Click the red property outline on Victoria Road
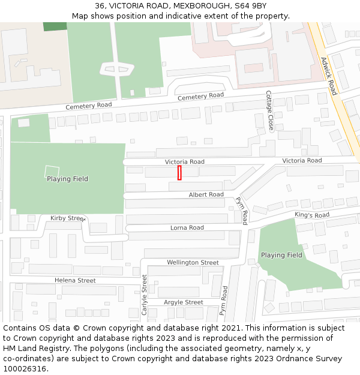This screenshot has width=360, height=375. click(179, 173)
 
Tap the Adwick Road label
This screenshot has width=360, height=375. click(329, 76)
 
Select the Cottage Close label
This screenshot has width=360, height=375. click(269, 112)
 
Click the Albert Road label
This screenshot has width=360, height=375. click(206, 195)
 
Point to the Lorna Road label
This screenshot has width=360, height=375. click(187, 227)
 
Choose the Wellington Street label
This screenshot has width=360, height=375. click(193, 263)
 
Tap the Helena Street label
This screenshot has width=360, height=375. click(75, 280)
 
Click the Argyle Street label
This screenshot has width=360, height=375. click(183, 302)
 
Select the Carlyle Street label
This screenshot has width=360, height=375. click(144, 295)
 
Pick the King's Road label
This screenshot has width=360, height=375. click(312, 215)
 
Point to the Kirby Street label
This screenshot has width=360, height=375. click(68, 218)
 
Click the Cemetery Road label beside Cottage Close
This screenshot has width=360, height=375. click(200, 97)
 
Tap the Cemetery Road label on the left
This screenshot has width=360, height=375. click(89, 106)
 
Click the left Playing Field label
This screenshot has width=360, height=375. click(67, 179)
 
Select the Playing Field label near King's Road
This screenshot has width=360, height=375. click(281, 255)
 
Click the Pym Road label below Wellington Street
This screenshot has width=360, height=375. click(223, 300)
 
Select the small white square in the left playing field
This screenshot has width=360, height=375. click(52, 170)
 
